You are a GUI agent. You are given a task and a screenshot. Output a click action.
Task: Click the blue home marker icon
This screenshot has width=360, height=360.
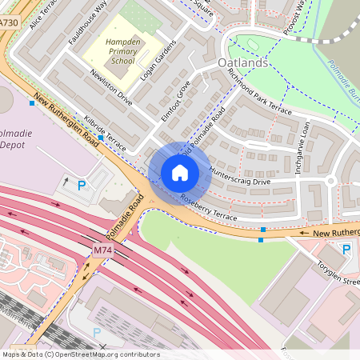click(180, 173)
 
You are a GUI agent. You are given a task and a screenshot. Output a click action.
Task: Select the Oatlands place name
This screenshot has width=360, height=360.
click(243, 62)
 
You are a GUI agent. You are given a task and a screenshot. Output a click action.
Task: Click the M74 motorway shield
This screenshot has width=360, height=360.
click(102, 250)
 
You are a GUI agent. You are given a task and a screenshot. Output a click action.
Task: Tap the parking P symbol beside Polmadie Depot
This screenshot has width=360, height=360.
click(82, 186)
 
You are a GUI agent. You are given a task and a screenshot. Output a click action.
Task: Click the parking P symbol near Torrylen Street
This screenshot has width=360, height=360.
click(346, 250)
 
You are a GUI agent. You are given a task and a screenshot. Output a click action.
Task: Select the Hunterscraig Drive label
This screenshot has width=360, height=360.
click(239, 178)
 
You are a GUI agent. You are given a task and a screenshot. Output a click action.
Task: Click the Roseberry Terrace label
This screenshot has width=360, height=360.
click(209, 207)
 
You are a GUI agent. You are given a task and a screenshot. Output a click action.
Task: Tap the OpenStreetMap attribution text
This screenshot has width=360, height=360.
click(80, 354)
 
